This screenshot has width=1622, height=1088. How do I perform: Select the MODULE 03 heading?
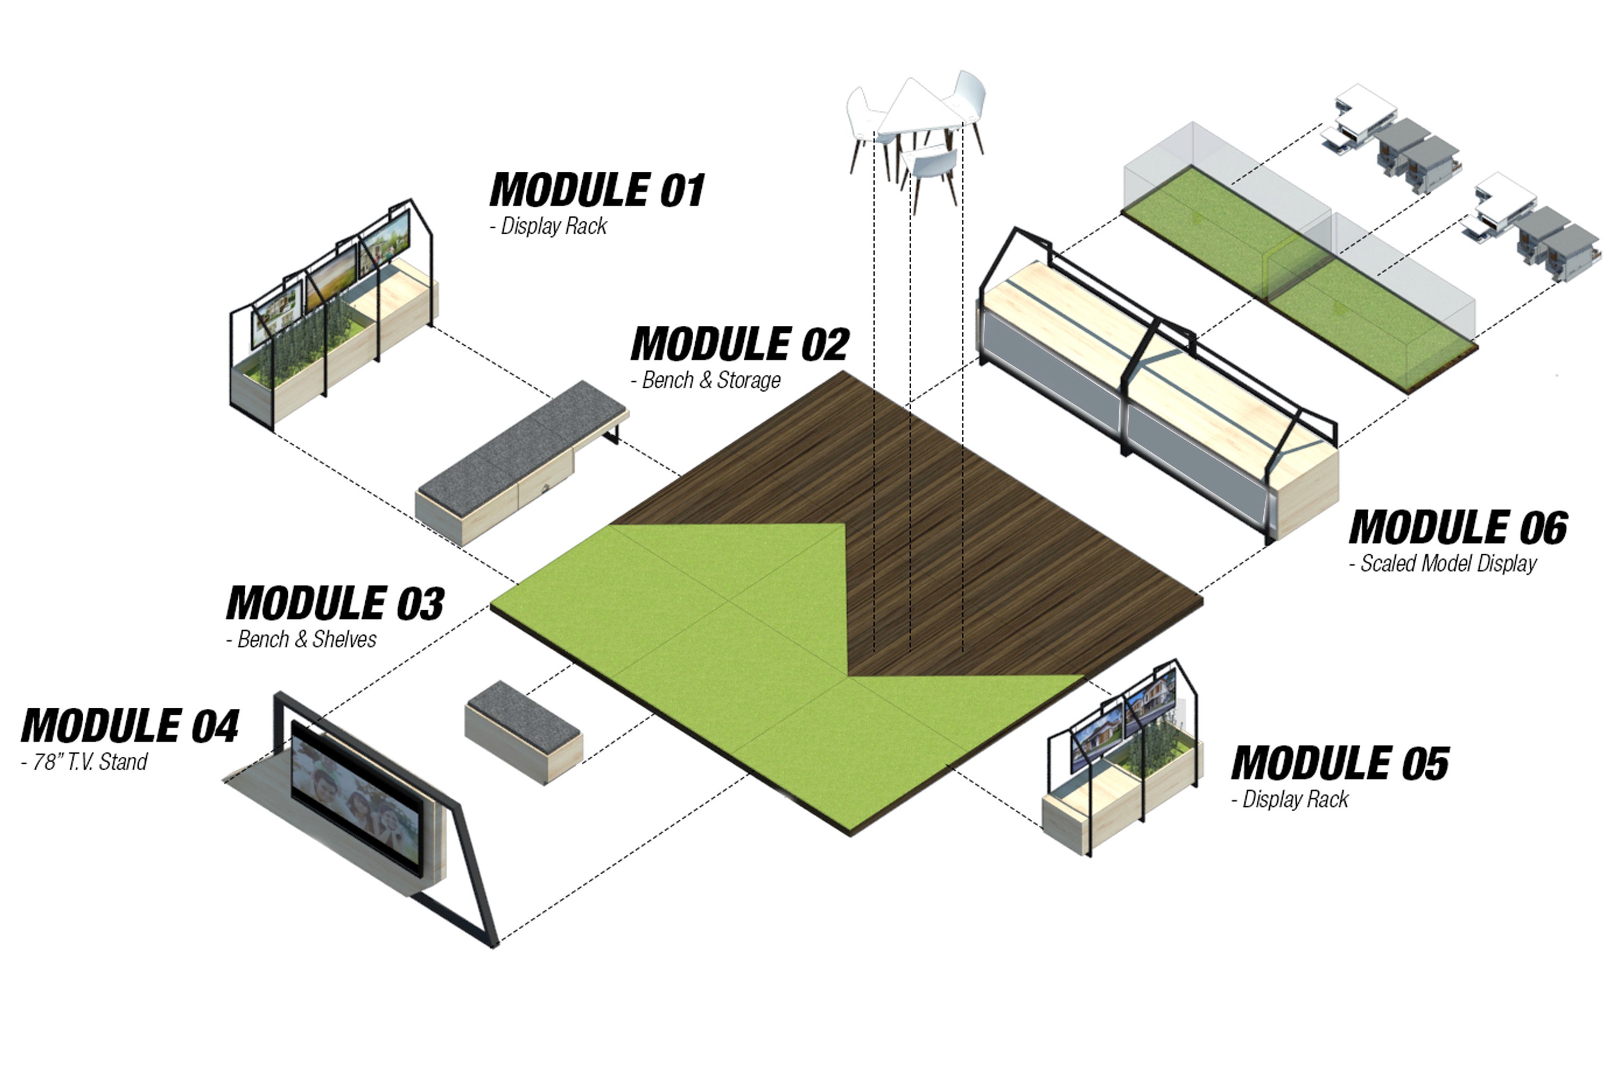point(335,603)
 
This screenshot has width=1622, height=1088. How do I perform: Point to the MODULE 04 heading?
point(130,726)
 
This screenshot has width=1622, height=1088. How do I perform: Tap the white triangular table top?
point(916,111)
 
